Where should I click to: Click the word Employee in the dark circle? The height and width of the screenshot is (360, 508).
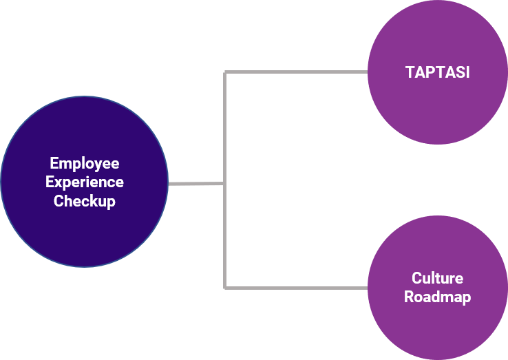[84, 164]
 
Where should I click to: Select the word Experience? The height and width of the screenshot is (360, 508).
[84, 182]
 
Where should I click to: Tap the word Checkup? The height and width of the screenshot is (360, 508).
[84, 201]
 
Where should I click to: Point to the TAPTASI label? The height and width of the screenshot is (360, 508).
[437, 72]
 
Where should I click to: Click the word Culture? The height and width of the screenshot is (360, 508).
[437, 278]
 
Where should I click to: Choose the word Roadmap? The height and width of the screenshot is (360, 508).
[437, 297]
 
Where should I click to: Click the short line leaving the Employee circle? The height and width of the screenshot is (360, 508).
[196, 184]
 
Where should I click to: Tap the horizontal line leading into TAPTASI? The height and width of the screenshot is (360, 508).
[296, 72]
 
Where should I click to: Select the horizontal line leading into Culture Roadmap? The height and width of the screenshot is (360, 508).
[296, 287]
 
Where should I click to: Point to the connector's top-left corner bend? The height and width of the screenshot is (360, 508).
[225, 72]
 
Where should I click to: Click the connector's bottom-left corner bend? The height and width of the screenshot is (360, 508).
[225, 287]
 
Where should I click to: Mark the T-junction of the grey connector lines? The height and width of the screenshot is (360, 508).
[225, 184]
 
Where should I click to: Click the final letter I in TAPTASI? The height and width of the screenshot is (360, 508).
[467, 72]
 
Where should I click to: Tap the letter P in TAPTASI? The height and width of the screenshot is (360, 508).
[430, 72]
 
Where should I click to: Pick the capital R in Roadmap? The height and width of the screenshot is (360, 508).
[409, 297]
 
